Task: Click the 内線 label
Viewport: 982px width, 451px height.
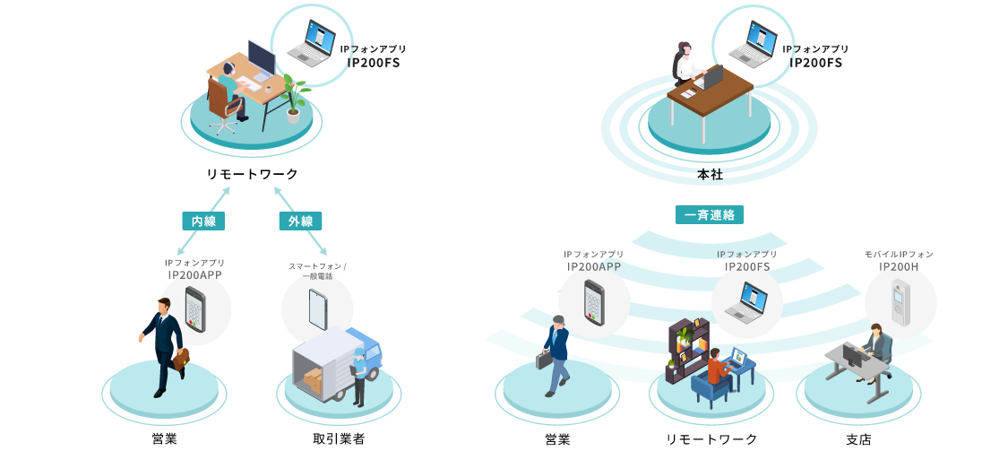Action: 203,221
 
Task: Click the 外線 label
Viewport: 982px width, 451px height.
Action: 300,221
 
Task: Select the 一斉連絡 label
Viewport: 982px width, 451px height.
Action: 709,215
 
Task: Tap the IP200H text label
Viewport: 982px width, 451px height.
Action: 899,266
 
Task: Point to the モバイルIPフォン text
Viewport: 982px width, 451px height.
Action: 899,255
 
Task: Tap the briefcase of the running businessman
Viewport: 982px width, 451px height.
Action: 182,359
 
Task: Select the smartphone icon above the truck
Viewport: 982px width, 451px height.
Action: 317,308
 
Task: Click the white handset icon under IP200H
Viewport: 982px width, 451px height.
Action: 900,302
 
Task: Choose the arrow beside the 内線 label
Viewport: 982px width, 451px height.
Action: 203,221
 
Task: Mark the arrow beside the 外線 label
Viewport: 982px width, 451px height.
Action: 300,221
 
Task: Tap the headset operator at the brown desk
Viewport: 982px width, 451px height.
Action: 686,65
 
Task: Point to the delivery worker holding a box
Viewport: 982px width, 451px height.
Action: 359,377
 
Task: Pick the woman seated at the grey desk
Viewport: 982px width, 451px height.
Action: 874,350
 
